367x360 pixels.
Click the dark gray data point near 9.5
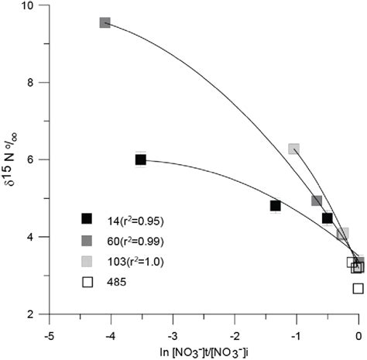pyautogui.click(x=105, y=22)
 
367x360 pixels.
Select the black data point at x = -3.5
pyautogui.click(x=141, y=159)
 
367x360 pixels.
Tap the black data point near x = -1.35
pyautogui.click(x=275, y=205)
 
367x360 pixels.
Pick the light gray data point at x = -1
pyautogui.click(x=294, y=149)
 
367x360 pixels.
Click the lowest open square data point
pyautogui.click(x=358, y=289)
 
